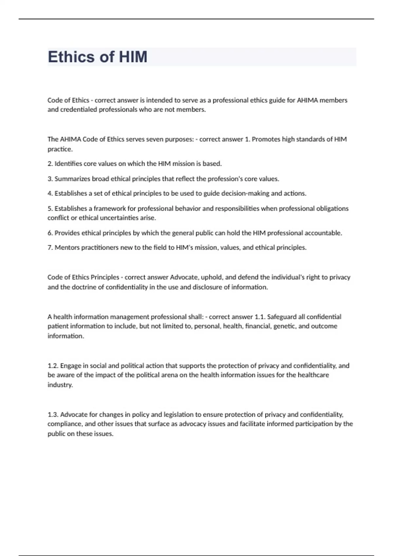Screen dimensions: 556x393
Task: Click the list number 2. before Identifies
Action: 50,164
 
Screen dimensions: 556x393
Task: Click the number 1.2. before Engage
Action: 53,366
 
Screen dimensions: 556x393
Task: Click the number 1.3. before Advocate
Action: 53,415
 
